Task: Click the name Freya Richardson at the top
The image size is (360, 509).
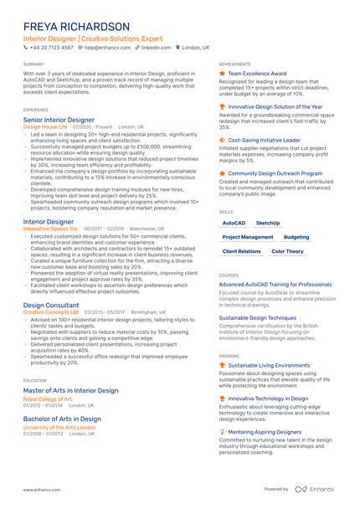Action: click(76, 28)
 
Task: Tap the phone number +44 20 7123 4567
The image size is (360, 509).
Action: click(51, 48)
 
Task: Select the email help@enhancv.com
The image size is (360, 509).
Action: click(107, 48)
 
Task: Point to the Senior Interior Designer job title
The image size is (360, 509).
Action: click(59, 120)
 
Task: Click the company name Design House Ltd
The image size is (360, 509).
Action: click(46, 126)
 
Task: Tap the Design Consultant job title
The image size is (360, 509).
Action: click(52, 306)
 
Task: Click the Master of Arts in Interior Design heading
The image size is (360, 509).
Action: click(70, 390)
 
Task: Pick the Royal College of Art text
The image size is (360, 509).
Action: click(48, 398)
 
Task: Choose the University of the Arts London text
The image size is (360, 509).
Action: click(59, 427)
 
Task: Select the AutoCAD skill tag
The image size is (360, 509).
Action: click(234, 224)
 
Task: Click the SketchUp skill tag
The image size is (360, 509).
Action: click(268, 224)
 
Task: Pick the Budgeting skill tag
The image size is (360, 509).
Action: click(296, 237)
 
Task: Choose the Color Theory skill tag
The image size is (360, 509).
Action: click(288, 251)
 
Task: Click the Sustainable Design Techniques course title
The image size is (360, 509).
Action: click(257, 318)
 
